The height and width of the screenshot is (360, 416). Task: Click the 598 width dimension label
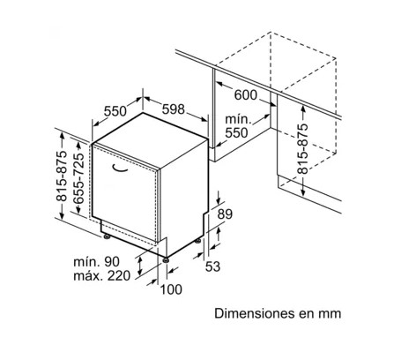(174, 109)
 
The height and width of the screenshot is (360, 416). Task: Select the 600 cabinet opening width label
(246, 95)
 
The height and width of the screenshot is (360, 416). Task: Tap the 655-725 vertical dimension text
(78, 178)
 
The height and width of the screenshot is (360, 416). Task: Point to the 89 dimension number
(225, 214)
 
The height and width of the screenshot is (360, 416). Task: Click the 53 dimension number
(212, 266)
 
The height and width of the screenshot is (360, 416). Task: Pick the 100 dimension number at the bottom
(171, 289)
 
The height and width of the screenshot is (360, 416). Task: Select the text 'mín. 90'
(97, 261)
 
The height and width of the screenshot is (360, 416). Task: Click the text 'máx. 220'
(101, 276)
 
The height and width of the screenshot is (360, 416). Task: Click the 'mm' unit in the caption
(330, 314)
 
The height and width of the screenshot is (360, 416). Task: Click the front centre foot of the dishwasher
(166, 260)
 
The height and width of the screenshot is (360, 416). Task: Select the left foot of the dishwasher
(106, 236)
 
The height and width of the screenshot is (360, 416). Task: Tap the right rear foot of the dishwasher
(198, 241)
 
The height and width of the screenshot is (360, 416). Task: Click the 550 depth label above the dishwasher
(115, 111)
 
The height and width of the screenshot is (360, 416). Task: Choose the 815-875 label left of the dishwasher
(62, 176)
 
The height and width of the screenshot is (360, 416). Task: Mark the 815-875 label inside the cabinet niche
(303, 148)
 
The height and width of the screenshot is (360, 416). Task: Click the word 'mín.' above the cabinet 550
(239, 119)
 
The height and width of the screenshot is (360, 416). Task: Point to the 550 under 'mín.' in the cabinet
(236, 133)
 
